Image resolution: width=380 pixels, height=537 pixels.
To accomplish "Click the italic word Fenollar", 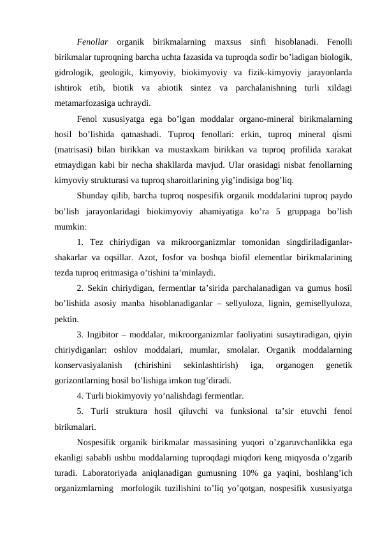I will click(x=91, y=43).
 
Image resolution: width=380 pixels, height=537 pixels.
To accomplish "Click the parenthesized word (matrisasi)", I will click(x=75, y=149).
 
